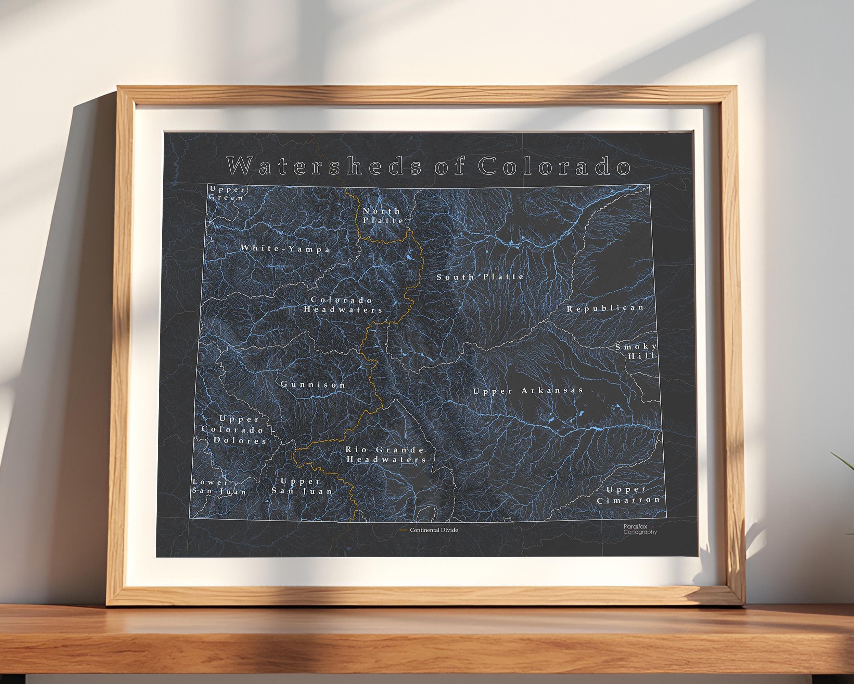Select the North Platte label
point(383,216)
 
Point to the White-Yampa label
point(285,249)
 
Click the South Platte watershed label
point(480,277)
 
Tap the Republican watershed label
point(605,308)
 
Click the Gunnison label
point(313,384)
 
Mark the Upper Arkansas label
point(528,391)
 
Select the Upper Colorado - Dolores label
point(234,429)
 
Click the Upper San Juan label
point(302,486)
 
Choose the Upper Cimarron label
point(628,495)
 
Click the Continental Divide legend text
point(434,530)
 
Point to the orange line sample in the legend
point(404,530)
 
